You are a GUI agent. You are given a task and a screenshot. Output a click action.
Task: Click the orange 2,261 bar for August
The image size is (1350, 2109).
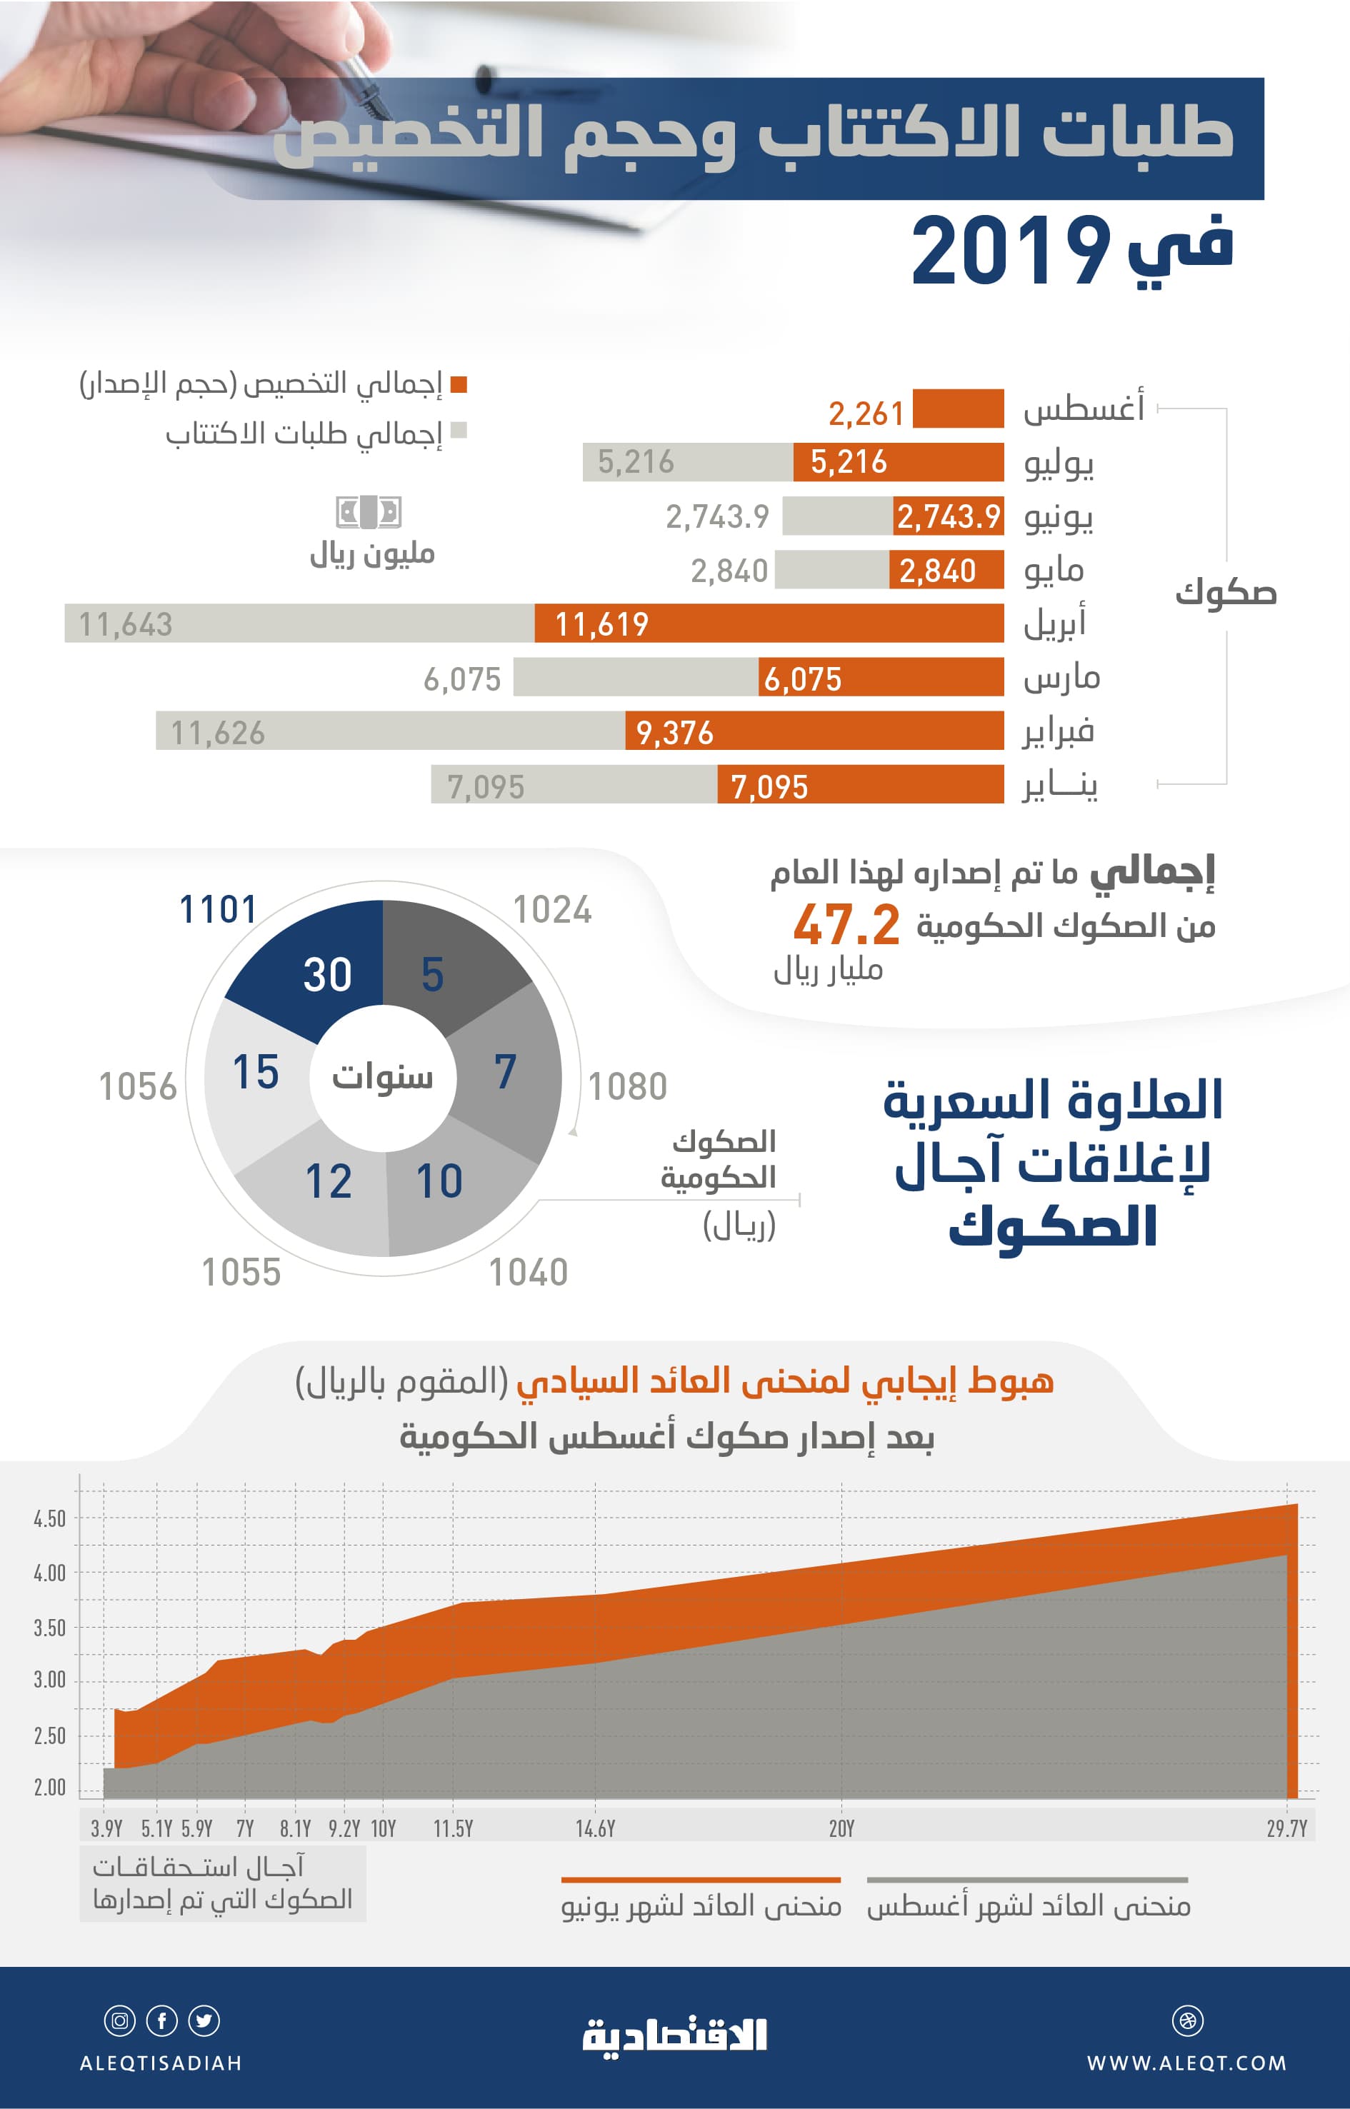(x=957, y=409)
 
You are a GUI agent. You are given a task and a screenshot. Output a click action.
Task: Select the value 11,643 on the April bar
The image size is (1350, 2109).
(x=126, y=624)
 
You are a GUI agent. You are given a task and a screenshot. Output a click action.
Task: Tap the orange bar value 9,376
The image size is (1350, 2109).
(x=674, y=732)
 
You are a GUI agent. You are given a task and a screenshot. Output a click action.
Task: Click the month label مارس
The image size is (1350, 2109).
(x=1061, y=678)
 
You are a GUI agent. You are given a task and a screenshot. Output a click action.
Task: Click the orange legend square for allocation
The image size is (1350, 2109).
(x=458, y=384)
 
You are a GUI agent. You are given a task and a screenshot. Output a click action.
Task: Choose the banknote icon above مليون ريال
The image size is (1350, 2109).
(x=369, y=512)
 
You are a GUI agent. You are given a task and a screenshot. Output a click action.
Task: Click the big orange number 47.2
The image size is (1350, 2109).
(x=846, y=926)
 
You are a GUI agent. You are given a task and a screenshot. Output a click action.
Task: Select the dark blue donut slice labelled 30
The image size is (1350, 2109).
(x=316, y=964)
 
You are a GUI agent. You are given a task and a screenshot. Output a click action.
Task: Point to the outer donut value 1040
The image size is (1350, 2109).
(x=528, y=1272)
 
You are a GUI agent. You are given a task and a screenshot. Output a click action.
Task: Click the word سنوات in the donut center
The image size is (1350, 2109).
(x=382, y=1076)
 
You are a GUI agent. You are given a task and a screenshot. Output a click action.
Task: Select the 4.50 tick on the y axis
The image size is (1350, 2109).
(x=49, y=1518)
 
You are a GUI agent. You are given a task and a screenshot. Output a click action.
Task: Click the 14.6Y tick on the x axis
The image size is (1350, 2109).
(x=595, y=1828)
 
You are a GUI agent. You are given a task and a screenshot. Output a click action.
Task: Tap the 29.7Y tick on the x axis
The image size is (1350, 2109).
(x=1286, y=1828)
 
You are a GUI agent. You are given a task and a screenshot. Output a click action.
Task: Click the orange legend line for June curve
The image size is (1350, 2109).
(x=701, y=1879)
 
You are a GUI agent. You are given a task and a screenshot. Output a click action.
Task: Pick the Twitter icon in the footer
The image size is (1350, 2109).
(x=204, y=2020)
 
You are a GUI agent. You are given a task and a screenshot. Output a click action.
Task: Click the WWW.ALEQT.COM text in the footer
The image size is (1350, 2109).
(x=1186, y=2063)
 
